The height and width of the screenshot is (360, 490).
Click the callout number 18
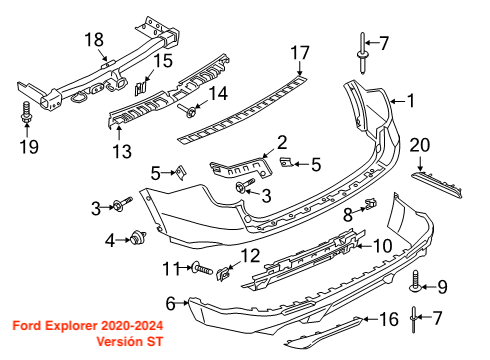pyautogui.click(x=94, y=40)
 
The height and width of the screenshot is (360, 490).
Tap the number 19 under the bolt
pyautogui.click(x=29, y=146)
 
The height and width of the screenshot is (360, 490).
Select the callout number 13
pyautogui.click(x=122, y=151)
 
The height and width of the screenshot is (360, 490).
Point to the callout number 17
pyautogui.click(x=300, y=53)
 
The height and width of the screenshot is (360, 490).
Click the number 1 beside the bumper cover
pyautogui.click(x=412, y=101)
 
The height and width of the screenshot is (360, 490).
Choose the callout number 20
pyautogui.click(x=420, y=145)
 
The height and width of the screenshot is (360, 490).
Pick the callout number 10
pyautogui.click(x=383, y=246)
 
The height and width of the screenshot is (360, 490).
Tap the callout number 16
pyautogui.click(x=389, y=319)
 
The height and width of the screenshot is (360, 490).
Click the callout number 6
pyautogui.click(x=170, y=304)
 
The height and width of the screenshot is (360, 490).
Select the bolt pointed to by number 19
pyautogui.click(x=26, y=113)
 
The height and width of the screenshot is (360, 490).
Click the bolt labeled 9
pyautogui.click(x=415, y=282)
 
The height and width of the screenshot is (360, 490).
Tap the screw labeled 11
pyautogui.click(x=202, y=268)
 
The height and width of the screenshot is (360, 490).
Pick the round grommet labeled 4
pyautogui.click(x=137, y=238)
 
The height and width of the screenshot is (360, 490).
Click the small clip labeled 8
pyautogui.click(x=371, y=203)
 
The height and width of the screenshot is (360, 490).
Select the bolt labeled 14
pyautogui.click(x=187, y=111)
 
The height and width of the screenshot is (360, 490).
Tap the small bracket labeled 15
pyautogui.click(x=140, y=88)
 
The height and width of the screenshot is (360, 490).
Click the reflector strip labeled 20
pyautogui.click(x=437, y=184)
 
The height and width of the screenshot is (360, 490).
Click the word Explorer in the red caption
pyautogui.click(x=71, y=325)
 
